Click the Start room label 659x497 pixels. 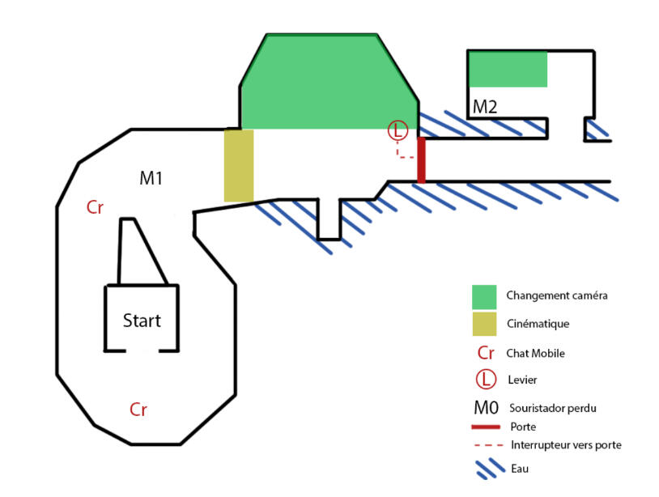point(142,321)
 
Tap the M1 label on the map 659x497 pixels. point(151,178)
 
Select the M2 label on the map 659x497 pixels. point(485,107)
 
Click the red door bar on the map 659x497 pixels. point(421,160)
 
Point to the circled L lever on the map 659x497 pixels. point(398,130)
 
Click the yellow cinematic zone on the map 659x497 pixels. point(239,165)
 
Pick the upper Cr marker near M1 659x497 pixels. point(95,207)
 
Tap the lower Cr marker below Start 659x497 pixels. point(138,410)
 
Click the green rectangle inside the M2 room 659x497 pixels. point(508,70)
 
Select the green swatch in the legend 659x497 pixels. point(484,297)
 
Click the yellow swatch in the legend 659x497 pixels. point(484,324)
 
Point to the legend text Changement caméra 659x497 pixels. point(557,295)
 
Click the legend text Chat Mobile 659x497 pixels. point(535,353)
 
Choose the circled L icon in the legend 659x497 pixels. point(486,380)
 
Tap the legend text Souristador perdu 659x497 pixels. point(553,408)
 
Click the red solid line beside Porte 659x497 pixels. point(486,427)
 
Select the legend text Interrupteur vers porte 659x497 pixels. point(566,445)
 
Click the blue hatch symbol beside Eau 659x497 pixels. point(490,469)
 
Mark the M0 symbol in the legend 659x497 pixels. point(486,407)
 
